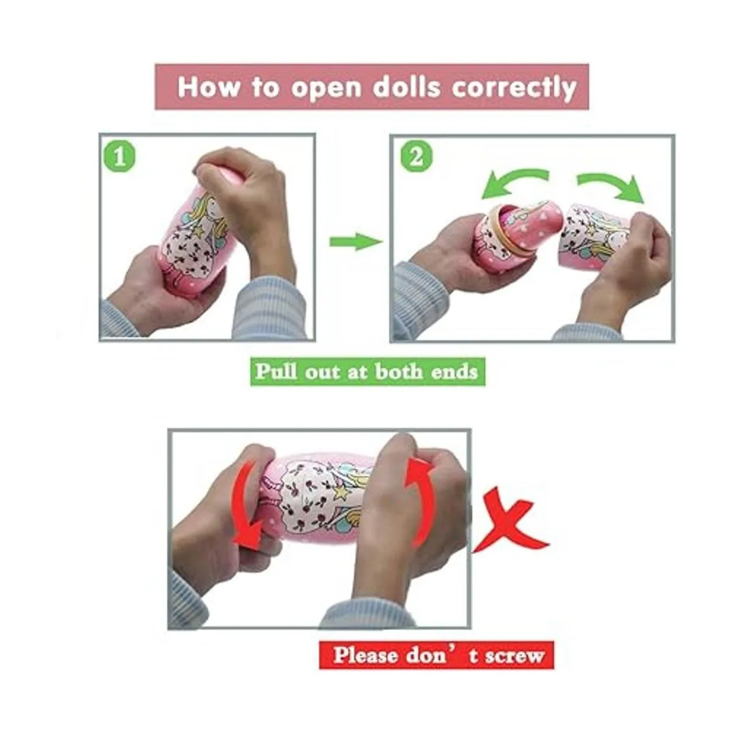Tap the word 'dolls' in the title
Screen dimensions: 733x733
click(406, 87)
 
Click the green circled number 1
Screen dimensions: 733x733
click(120, 158)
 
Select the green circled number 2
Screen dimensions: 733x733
click(417, 158)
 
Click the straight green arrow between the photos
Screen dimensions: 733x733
click(356, 241)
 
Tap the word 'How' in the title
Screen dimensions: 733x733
click(209, 87)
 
